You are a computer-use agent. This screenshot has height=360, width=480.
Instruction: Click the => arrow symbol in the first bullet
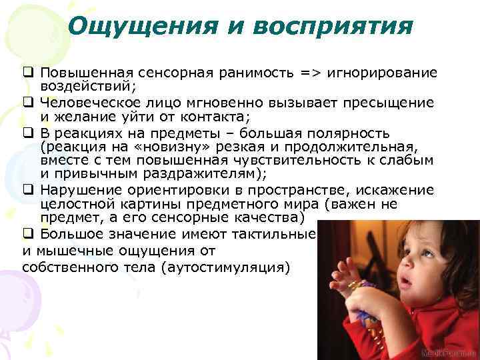309,72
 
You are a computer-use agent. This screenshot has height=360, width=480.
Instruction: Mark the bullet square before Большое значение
27,234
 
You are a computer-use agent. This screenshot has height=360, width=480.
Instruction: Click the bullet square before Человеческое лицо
27,103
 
